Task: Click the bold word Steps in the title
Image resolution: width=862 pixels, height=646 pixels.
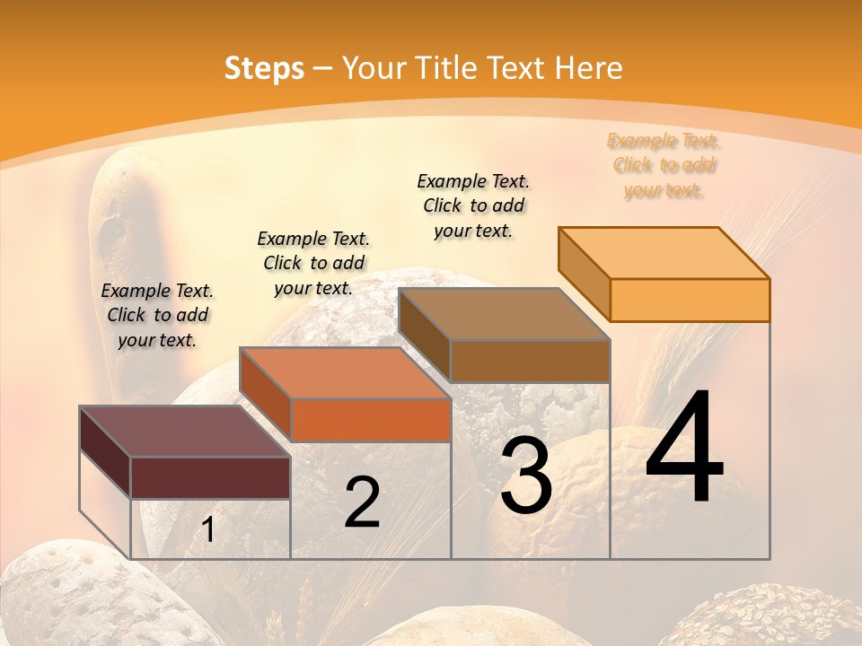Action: click(x=263, y=68)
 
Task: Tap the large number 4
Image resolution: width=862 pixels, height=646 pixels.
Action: click(x=684, y=448)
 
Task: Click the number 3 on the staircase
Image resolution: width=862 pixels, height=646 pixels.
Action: click(x=526, y=476)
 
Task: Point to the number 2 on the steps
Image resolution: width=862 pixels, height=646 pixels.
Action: click(x=363, y=502)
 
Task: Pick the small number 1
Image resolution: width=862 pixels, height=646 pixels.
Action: click(x=208, y=530)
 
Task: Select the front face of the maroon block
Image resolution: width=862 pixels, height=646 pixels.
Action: click(x=210, y=477)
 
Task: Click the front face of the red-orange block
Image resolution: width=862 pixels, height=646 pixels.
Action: click(x=370, y=420)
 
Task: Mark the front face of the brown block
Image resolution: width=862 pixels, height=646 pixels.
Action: click(x=530, y=361)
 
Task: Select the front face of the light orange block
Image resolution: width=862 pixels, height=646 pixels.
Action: click(x=690, y=300)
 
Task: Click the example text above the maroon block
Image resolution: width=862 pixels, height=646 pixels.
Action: click(x=157, y=315)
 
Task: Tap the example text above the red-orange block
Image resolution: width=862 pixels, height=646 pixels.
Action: click(x=313, y=263)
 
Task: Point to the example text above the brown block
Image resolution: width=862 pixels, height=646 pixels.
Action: click(x=473, y=205)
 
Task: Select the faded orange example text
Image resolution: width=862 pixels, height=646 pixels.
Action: click(x=664, y=165)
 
